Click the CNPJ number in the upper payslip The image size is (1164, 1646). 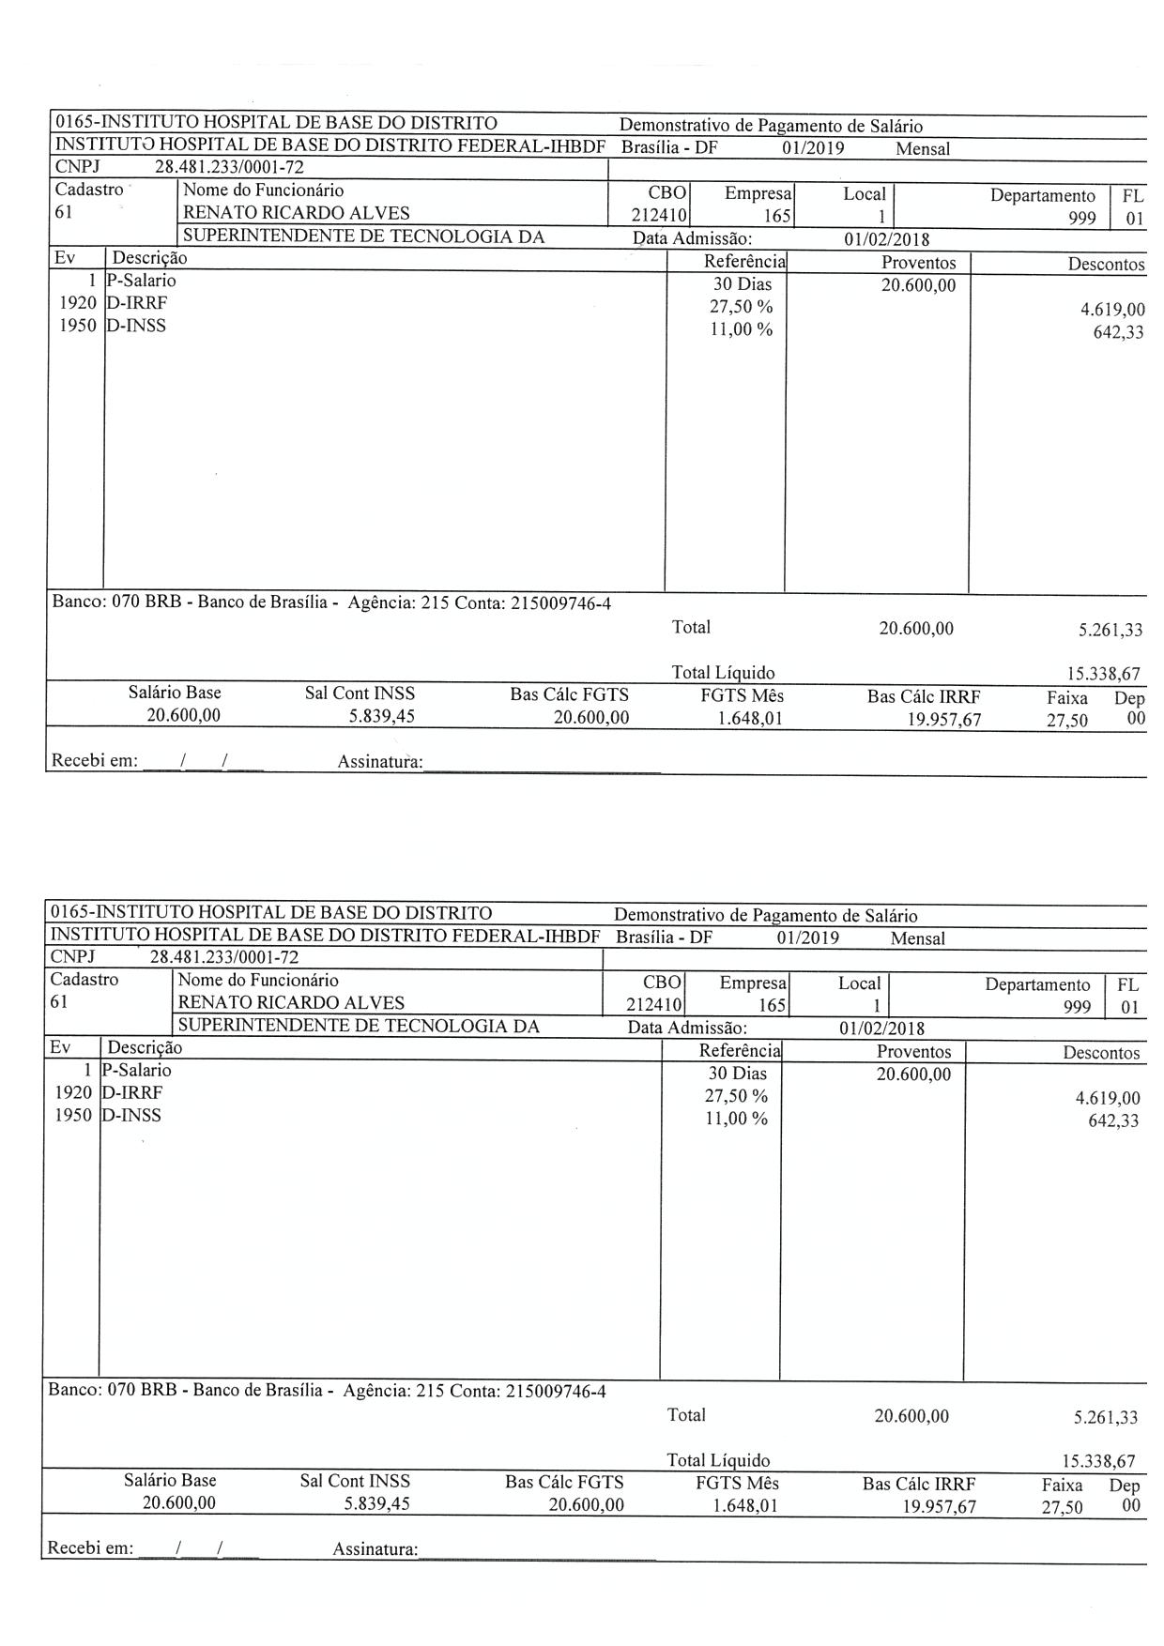[x=229, y=168]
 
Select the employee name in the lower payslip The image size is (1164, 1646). [x=291, y=1002]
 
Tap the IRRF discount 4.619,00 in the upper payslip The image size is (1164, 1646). [x=1112, y=309]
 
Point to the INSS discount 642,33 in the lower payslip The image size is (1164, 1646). [x=1113, y=1120]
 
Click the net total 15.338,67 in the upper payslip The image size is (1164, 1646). [x=1099, y=674]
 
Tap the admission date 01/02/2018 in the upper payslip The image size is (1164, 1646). [x=883, y=239]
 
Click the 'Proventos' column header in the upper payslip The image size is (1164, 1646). [x=918, y=263]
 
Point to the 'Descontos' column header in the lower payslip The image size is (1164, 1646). [x=1101, y=1053]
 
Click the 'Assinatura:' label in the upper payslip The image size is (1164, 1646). [x=380, y=762]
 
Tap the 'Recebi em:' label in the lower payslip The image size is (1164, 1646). [x=90, y=1548]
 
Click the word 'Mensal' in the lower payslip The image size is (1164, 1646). [x=917, y=938]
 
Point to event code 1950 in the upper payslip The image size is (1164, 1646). [x=77, y=327]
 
